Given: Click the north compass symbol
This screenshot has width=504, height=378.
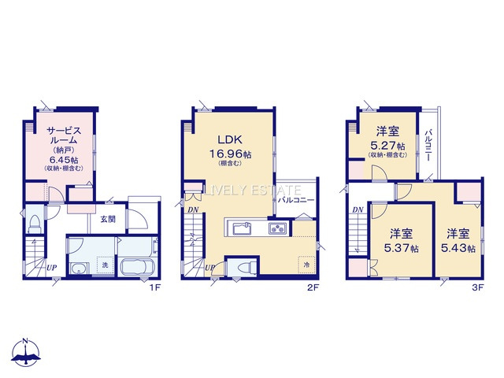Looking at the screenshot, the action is tap(26, 353).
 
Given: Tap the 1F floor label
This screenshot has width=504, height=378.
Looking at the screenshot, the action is tap(154, 287).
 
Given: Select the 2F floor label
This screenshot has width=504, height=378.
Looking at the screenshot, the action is tap(313, 287).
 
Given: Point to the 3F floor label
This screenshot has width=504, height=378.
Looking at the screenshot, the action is tap(478, 287).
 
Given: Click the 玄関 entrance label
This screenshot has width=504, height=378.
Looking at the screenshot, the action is tap(108, 220).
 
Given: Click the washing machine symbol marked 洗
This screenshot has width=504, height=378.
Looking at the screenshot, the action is tap(105, 265).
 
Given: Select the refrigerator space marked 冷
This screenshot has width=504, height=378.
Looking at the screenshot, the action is tap(306, 265).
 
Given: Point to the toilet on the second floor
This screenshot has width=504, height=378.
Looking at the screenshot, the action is tap(246, 266).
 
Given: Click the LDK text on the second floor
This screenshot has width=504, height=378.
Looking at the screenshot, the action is tap(229, 139).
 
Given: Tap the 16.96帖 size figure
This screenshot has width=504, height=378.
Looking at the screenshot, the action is tap(230, 154).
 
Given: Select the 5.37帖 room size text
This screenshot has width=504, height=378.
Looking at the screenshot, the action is tap(401, 248).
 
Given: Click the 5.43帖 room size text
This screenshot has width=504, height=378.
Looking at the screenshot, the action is tap(458, 248).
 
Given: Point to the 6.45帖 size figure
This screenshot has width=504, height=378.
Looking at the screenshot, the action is tap(64, 160).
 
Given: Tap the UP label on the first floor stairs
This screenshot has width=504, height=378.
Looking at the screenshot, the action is tap(51, 267).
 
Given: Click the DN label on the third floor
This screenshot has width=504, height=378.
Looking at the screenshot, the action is tap(358, 210).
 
